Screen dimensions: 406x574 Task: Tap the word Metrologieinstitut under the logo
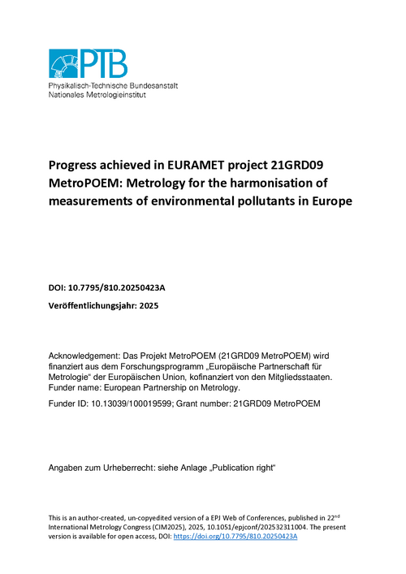coord(124,94)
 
